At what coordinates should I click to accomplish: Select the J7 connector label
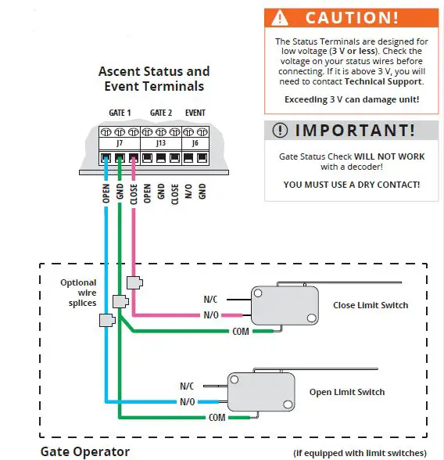(120, 143)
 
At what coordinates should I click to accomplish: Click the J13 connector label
(161, 143)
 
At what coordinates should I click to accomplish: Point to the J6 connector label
(195, 143)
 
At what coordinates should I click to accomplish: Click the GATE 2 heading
(161, 113)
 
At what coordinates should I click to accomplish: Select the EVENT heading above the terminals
(195, 113)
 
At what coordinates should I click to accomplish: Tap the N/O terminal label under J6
(188, 193)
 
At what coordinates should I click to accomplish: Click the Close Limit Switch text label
(370, 305)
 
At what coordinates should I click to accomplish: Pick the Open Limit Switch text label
(347, 392)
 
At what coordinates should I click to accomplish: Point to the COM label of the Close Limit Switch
(241, 332)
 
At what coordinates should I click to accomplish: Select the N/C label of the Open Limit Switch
(187, 386)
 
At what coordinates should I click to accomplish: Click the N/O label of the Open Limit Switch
(187, 401)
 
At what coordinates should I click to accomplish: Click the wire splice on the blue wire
(106, 320)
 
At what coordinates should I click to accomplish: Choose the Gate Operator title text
(84, 451)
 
